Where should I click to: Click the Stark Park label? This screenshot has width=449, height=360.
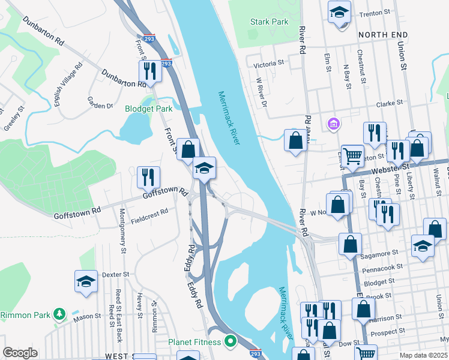269,22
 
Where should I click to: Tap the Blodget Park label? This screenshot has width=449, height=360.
148,109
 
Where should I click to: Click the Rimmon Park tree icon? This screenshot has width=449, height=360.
59,314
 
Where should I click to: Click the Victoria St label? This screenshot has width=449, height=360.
268,63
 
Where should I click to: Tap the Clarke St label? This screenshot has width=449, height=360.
389,104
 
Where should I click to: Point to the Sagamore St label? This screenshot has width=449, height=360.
382,254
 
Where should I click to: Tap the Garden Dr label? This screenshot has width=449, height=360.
100,103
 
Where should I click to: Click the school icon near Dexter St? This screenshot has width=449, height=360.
86,281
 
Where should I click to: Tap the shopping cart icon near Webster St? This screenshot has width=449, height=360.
352,156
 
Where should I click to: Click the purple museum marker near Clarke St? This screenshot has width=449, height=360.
333,124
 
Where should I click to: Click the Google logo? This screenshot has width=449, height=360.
20,353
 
